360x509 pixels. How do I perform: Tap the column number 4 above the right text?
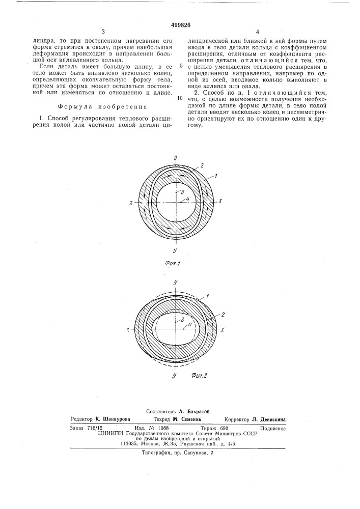tap(243, 32)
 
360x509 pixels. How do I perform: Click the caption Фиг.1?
tap(175, 264)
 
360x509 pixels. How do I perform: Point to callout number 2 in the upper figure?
tap(202, 165)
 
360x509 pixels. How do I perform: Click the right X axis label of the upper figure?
tap(220, 202)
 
